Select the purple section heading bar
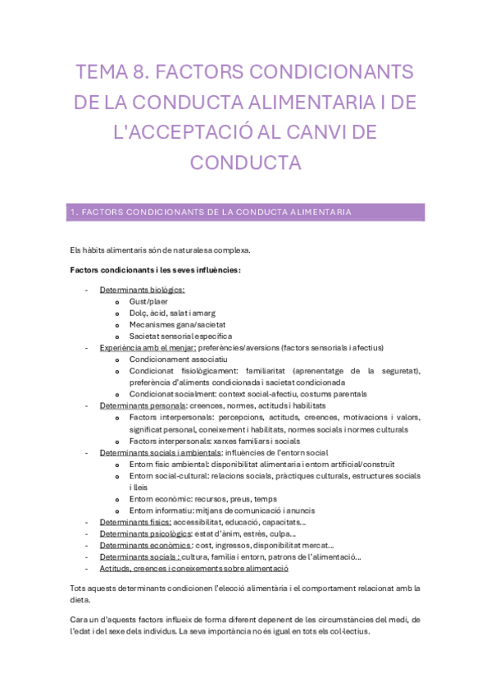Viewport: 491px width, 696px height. (245, 213)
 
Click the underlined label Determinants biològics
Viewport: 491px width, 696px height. (142, 290)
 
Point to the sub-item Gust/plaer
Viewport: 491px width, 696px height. (148, 301)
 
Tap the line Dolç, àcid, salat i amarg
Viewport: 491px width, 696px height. (170, 313)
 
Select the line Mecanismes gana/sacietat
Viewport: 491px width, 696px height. (177, 324)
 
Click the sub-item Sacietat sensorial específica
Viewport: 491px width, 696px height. (180, 336)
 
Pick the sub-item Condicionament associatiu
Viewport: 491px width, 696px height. (178, 359)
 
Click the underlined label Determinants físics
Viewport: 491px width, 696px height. (135, 522)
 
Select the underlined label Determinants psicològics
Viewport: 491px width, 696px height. (143, 533)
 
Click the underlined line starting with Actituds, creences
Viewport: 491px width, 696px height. (193, 568)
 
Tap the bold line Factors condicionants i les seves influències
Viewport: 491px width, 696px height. (156, 270)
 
